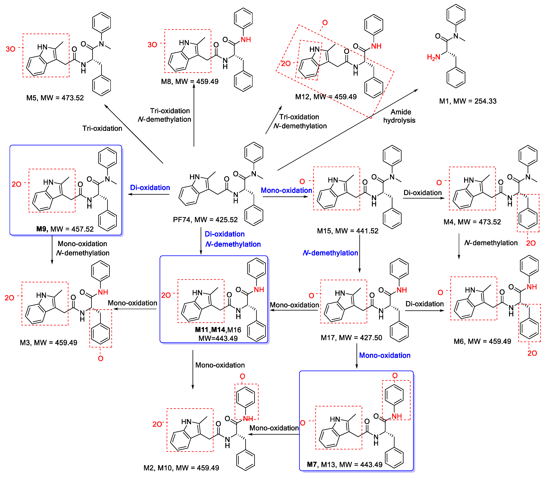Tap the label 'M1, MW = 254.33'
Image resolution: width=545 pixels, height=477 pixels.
[468, 101]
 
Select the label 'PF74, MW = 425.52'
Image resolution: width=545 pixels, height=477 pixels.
[205, 220]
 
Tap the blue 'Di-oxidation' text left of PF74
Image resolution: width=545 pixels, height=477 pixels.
[150, 188]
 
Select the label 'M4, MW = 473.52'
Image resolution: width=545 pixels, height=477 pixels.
[472, 222]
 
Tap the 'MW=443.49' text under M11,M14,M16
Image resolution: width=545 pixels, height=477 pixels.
[218, 339]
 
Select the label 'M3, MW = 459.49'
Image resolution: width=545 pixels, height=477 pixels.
[49, 343]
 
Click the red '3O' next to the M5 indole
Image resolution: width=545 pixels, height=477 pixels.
[11, 49]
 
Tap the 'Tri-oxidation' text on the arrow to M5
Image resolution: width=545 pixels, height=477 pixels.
[102, 129]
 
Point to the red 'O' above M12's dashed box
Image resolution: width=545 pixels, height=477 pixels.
[325, 23]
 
